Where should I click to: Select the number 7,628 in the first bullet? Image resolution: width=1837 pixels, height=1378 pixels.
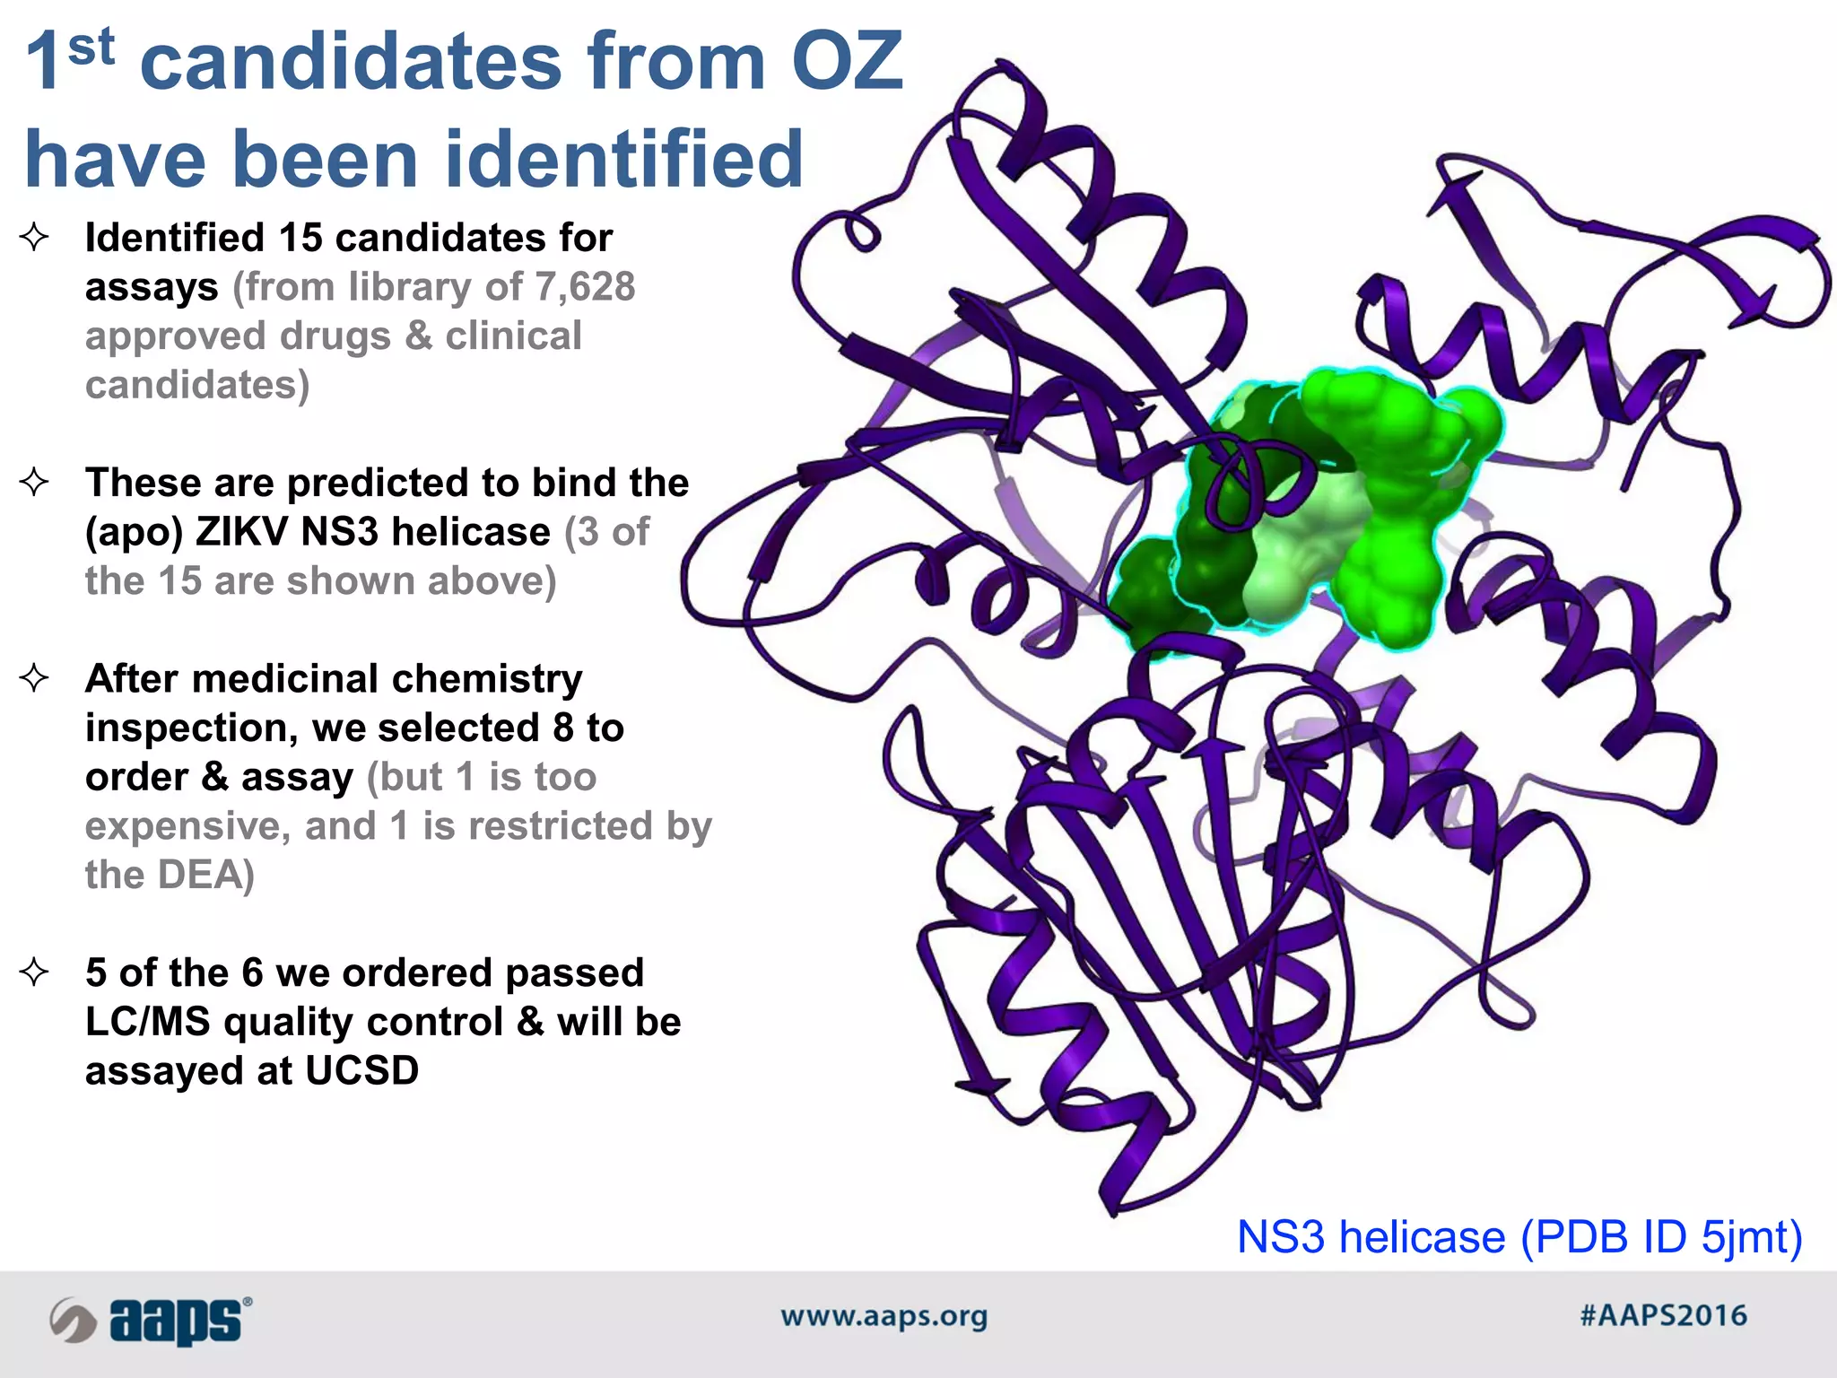point(585,287)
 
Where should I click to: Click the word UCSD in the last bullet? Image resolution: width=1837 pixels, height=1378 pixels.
point(361,1070)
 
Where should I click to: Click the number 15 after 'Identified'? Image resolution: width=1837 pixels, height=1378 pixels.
point(300,238)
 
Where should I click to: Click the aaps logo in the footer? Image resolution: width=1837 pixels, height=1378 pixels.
point(151,1320)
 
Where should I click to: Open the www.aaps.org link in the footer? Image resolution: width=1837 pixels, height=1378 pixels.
point(884,1316)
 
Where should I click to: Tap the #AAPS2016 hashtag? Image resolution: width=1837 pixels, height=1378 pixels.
point(1663,1316)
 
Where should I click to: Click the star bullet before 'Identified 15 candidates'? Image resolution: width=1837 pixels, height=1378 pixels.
point(34,238)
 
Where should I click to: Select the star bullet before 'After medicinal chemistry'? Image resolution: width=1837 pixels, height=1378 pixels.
point(34,678)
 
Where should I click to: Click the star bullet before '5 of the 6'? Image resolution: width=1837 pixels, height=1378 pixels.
point(34,972)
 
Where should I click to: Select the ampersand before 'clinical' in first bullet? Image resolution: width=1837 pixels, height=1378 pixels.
point(418,336)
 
